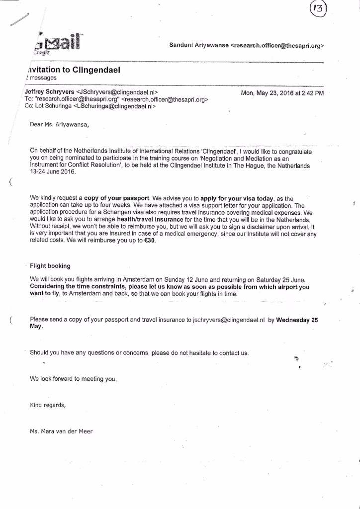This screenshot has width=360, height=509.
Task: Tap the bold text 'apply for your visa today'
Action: [x=237, y=198]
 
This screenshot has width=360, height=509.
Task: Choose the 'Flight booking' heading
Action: [x=50, y=266]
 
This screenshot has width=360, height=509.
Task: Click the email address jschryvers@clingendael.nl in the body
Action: [x=226, y=320]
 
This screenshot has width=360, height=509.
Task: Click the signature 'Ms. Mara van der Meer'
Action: [x=61, y=431]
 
